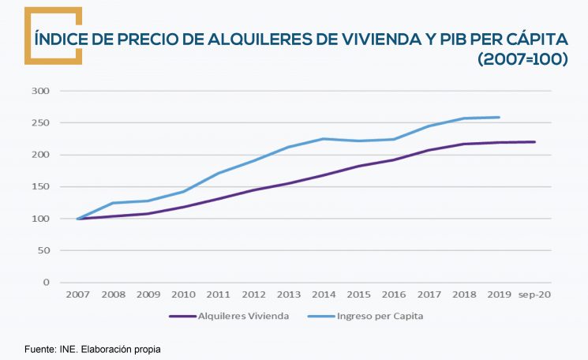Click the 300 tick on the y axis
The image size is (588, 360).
[41, 91]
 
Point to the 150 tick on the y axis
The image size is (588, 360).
[41, 187]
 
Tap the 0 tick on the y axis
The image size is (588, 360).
[47, 283]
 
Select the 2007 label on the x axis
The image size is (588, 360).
[77, 294]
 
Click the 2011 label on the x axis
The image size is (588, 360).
[218, 294]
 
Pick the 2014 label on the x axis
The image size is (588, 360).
[323, 294]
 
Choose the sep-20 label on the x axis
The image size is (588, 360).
[534, 294]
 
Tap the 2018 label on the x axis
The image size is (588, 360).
[463, 294]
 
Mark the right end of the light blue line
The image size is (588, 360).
[499, 118]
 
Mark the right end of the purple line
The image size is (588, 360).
[534, 142]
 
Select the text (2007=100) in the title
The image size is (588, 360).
[522, 60]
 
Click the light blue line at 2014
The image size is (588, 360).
[323, 139]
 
